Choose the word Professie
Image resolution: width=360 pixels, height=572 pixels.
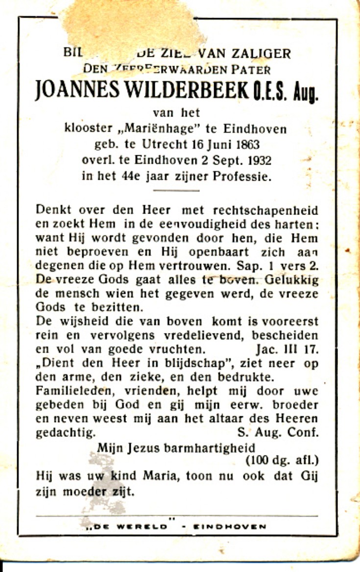pyautogui.click(x=241, y=177)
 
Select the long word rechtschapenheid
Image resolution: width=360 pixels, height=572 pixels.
pyautogui.click(x=265, y=211)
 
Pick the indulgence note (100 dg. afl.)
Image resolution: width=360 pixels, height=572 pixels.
pyautogui.click(x=282, y=460)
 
